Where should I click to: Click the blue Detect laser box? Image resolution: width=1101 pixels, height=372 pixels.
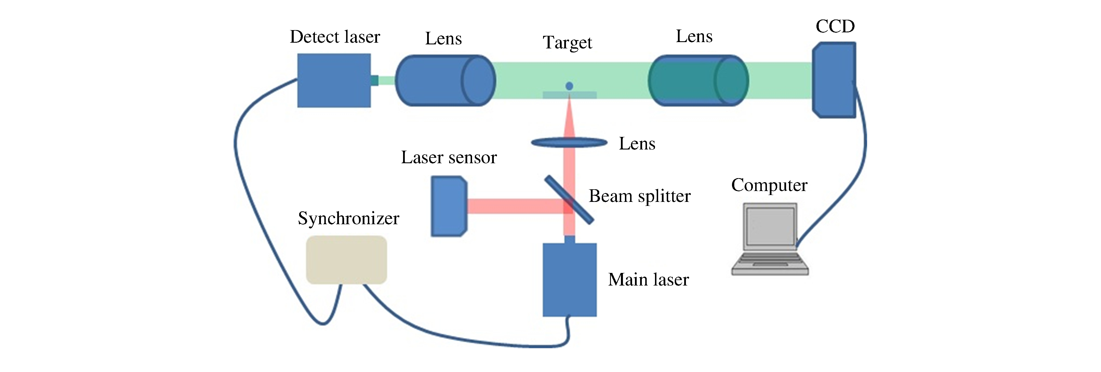coord(334,80)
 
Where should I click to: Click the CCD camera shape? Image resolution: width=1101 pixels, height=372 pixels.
coord(834,80)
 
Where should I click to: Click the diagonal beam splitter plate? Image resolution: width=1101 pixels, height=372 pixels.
coord(569,200)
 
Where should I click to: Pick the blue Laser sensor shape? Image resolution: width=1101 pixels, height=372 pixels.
coord(448,206)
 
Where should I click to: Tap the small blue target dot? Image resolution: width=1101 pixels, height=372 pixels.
coord(569,86)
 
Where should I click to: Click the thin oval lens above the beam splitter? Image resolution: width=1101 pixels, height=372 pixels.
coord(569,142)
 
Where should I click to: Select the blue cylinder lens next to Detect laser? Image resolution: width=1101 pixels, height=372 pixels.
coord(445,80)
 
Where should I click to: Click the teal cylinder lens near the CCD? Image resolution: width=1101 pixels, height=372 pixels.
coord(698,80)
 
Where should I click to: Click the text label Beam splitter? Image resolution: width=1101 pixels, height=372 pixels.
coord(640,196)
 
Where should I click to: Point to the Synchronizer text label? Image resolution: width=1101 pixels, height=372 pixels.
coord(348,219)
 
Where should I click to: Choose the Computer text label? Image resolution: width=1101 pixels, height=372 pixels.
coord(769,185)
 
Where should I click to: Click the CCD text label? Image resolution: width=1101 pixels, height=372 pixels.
coord(835,27)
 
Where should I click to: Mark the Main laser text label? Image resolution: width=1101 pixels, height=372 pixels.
coord(648,280)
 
